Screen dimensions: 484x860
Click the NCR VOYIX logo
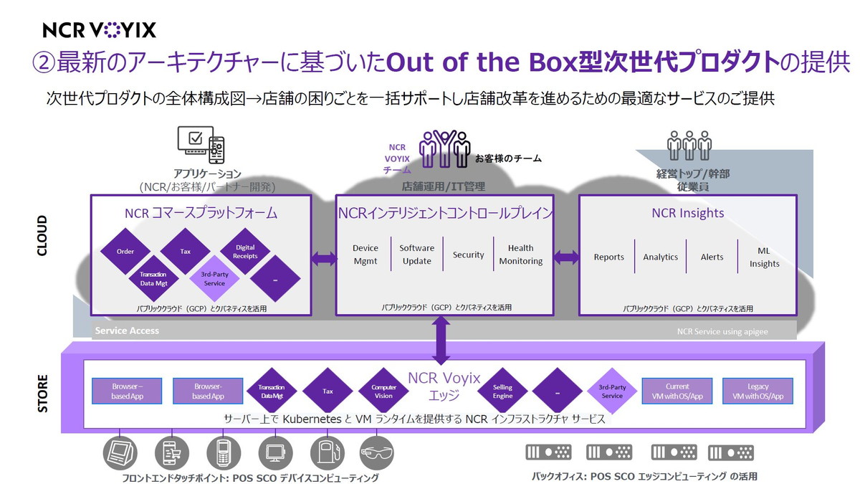coord(99,29)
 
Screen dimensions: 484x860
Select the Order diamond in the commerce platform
coord(125,251)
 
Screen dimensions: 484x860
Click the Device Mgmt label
coord(365,255)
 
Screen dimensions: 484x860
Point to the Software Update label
coord(416,255)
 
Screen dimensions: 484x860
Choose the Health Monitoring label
coord(520,255)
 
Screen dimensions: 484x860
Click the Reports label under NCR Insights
coord(608,257)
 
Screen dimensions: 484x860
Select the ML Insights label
coord(764,257)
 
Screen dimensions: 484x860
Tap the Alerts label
coord(712,257)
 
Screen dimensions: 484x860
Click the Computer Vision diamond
coord(383,391)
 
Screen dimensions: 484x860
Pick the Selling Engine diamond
coord(502,391)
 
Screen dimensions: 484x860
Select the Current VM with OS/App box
coord(677,391)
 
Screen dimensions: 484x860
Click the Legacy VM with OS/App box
coord(758,391)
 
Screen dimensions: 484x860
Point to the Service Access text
coord(127,331)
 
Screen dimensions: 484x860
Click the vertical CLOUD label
coord(42,235)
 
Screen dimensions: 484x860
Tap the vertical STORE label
coord(42,393)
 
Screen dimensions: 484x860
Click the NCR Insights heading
coord(687,213)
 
